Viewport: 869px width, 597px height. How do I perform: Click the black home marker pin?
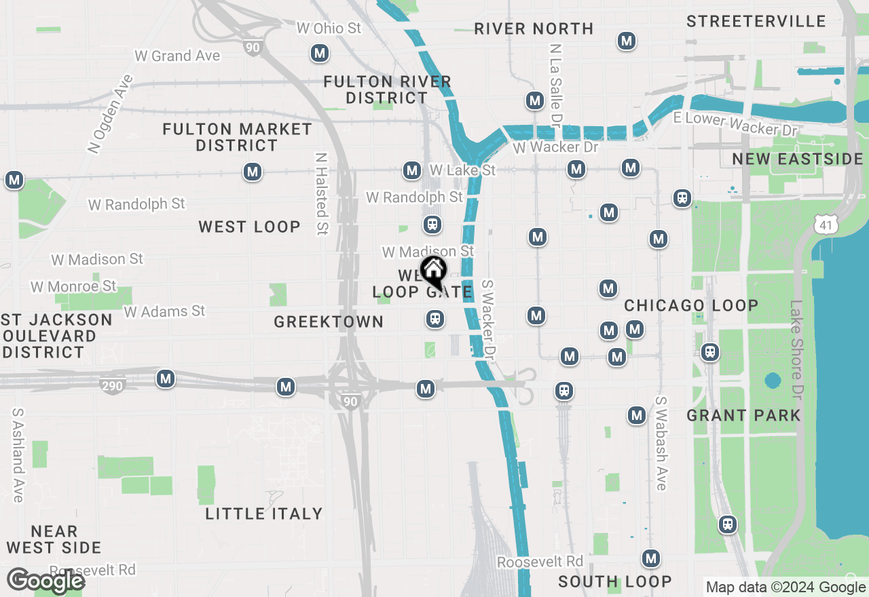(x=433, y=271)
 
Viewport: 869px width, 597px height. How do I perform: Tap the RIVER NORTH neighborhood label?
(x=534, y=28)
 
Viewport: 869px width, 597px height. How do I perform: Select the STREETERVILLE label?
(x=756, y=21)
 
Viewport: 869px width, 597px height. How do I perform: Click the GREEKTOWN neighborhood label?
(x=329, y=322)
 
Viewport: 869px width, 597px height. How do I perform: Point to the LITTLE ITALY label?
(x=264, y=514)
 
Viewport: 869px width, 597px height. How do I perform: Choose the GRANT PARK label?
(x=743, y=415)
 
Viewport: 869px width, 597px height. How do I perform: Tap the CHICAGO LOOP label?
(x=691, y=305)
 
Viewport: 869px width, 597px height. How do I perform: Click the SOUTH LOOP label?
(x=614, y=581)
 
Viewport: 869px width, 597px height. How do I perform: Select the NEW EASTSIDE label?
(x=797, y=159)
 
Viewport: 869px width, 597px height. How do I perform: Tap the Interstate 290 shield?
(x=113, y=386)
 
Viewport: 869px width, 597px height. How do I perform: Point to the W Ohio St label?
(x=329, y=28)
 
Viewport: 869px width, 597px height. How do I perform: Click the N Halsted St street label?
(x=321, y=193)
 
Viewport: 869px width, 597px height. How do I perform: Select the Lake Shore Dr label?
(x=796, y=350)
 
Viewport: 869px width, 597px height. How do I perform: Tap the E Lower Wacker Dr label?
(x=735, y=124)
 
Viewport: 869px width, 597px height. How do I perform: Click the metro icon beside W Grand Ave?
(x=319, y=52)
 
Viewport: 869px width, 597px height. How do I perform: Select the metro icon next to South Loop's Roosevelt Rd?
(x=651, y=558)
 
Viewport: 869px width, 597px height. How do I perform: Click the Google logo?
(x=46, y=581)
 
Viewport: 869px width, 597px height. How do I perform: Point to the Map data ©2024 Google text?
(x=785, y=588)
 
